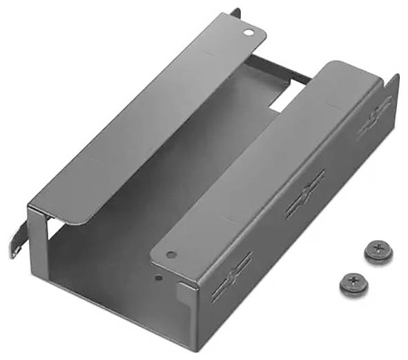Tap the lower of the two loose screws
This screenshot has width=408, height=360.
(353, 281)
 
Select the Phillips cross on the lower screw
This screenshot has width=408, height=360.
(354, 279)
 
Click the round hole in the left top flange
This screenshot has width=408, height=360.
(248, 30)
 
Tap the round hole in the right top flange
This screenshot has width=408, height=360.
(171, 253)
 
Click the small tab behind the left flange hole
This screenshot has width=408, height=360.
(236, 14)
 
